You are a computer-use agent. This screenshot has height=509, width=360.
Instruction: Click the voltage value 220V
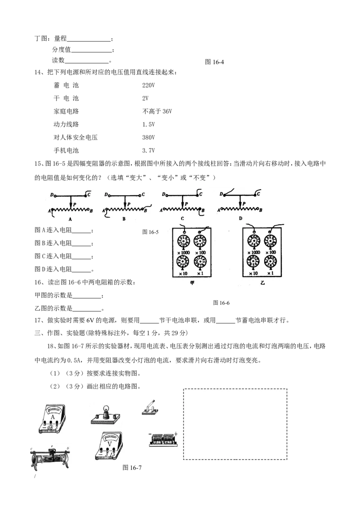click(x=148, y=85)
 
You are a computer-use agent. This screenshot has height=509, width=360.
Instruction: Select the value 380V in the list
click(x=148, y=137)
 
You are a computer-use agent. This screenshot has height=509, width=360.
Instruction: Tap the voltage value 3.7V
click(x=148, y=150)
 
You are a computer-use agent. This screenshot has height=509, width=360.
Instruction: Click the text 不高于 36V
click(x=157, y=112)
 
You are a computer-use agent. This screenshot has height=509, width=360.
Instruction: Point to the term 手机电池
click(x=66, y=150)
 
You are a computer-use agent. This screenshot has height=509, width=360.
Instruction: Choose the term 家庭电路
click(x=66, y=112)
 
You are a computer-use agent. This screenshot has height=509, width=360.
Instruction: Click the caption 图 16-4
click(x=215, y=62)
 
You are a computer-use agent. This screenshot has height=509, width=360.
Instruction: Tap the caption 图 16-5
click(x=150, y=232)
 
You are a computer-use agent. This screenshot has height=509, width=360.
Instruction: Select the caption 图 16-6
click(x=221, y=303)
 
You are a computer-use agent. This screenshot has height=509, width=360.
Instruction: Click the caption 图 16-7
click(x=132, y=468)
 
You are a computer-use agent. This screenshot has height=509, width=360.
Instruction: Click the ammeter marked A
click(x=52, y=419)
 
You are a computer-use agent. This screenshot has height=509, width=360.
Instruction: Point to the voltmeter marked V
click(x=109, y=445)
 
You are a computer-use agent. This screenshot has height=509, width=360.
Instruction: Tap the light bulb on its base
click(x=105, y=415)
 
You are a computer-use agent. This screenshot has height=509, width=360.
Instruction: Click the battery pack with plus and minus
click(x=163, y=440)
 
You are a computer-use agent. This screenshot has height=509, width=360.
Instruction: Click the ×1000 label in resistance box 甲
click(x=184, y=253)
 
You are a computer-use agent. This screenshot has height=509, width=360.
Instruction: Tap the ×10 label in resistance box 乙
click(x=253, y=273)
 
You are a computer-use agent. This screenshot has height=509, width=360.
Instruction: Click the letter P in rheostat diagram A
click(x=75, y=204)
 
